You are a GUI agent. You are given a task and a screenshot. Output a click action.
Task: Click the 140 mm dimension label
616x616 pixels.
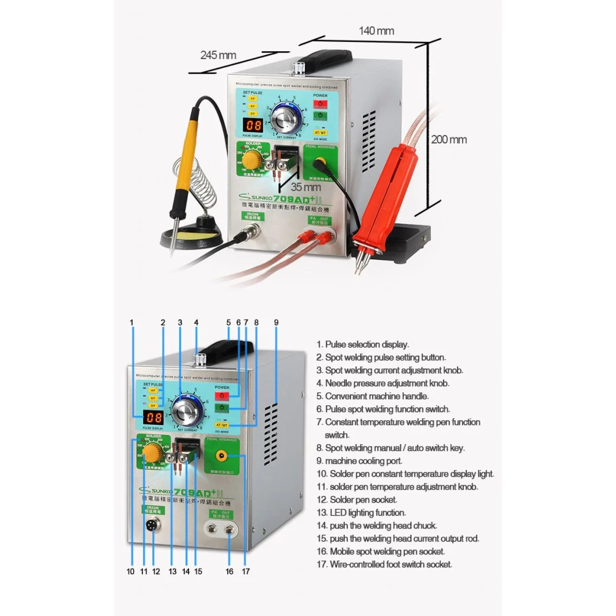377,31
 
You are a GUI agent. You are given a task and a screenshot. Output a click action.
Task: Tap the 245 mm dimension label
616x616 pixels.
218,55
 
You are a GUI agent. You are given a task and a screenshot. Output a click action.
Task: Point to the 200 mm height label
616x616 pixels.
448,140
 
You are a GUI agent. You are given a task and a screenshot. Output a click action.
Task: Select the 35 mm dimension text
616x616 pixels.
306,185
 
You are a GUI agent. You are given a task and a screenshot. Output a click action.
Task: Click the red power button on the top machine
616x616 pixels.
320,103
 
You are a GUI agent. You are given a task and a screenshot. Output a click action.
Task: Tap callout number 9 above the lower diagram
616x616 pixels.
277,322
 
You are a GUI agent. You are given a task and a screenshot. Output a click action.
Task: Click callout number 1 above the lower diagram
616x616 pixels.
131,322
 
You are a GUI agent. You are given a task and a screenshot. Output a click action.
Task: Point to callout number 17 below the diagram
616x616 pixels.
246,572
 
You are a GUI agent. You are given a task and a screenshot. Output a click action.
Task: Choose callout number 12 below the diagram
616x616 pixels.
156,572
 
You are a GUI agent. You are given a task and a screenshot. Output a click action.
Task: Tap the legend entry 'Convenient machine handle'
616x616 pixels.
377,396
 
